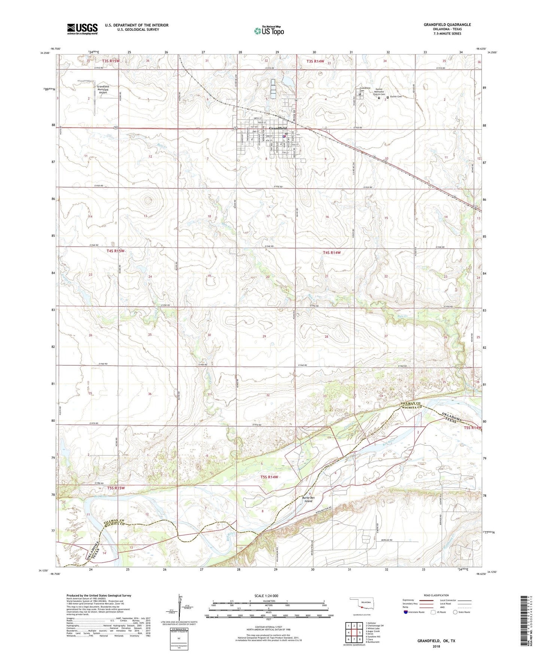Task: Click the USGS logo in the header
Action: tap(82, 29)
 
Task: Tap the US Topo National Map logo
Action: tap(269, 31)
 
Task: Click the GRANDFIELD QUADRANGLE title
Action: tap(447, 25)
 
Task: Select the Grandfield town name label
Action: tap(278, 128)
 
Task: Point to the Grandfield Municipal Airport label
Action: tap(103, 90)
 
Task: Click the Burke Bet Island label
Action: tap(308, 499)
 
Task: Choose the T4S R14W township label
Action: tap(332, 252)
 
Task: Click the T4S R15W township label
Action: tap(115, 251)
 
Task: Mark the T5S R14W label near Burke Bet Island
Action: tap(269, 477)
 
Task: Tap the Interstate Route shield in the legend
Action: tap(406, 612)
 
